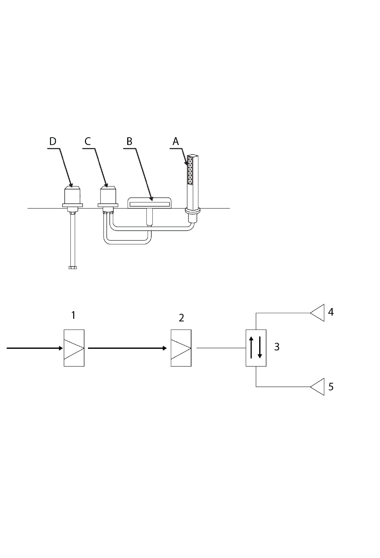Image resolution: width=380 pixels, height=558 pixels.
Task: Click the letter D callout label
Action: (x=52, y=141)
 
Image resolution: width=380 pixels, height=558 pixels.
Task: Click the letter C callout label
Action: (x=88, y=141)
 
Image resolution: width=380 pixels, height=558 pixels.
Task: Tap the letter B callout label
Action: (x=129, y=141)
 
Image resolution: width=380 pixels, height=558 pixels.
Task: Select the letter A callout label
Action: (x=176, y=141)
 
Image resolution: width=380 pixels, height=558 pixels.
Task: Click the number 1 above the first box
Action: (x=73, y=315)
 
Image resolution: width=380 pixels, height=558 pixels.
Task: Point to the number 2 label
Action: (x=182, y=318)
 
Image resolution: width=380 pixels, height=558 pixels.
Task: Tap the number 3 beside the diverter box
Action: (x=277, y=347)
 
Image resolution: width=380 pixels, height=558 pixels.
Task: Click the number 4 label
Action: (x=331, y=312)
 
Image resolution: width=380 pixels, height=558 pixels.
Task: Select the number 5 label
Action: (x=331, y=387)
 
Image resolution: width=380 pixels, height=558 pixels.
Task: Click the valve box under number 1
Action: (x=74, y=348)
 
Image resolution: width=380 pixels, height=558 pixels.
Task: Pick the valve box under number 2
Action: (x=181, y=348)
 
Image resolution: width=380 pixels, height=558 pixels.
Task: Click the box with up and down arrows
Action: (x=256, y=348)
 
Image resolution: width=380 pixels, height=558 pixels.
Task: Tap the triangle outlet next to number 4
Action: (x=317, y=313)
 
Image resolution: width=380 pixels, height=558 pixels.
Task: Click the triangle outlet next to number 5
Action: (x=317, y=387)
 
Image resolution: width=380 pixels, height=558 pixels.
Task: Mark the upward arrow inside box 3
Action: (x=252, y=347)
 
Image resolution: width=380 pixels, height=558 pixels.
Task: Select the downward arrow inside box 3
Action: (x=260, y=347)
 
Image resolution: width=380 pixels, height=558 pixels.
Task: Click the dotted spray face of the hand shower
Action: (x=190, y=170)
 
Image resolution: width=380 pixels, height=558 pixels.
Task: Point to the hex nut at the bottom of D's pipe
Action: (x=73, y=268)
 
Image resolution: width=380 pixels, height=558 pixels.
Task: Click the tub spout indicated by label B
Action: (x=150, y=203)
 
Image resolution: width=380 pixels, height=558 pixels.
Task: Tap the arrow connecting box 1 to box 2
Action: (x=127, y=348)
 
